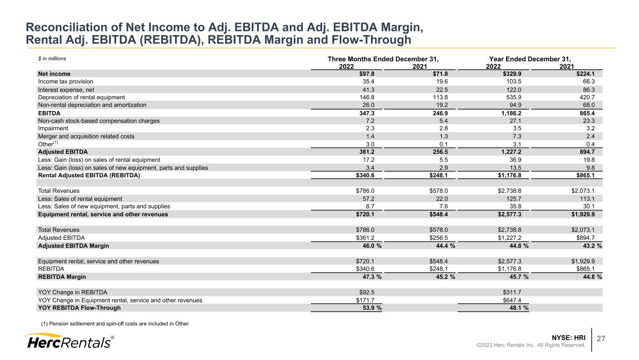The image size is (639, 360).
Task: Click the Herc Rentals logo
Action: pyautogui.click(x=68, y=341)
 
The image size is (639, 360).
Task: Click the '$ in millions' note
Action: pyautogui.click(x=52, y=59)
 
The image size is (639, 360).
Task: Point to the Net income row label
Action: pyautogui.click(x=54, y=73)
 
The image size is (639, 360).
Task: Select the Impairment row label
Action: pyautogui.click(x=53, y=128)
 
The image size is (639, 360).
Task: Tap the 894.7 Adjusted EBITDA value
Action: pyautogui.click(x=593, y=152)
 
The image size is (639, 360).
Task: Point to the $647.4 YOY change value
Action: pyautogui.click(x=519, y=300)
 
